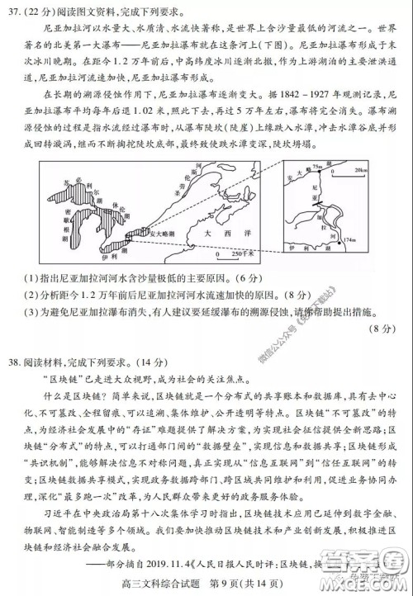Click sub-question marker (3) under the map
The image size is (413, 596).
pyautogui.click(x=32, y=312)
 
